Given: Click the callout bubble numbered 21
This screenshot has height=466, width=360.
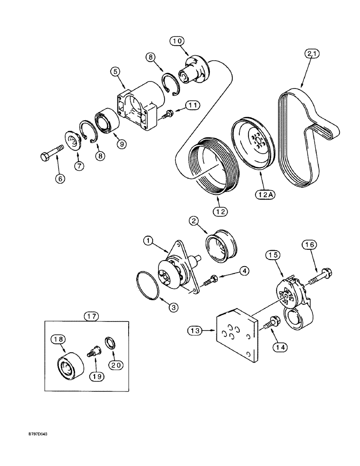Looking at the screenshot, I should [x=313, y=54].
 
